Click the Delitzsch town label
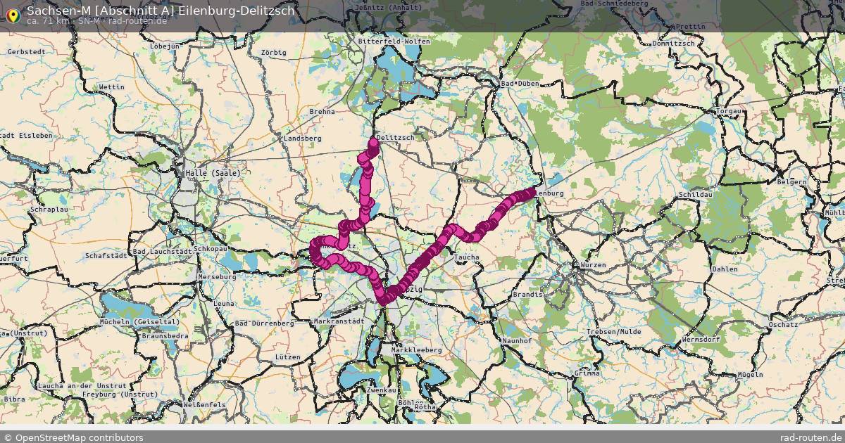pyautogui.click(x=396, y=138)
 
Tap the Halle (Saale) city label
pyautogui.click(x=212, y=173)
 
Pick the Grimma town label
pyautogui.click(x=587, y=373)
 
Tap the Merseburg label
pyautogui.click(x=218, y=277)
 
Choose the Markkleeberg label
pyautogui.click(x=416, y=349)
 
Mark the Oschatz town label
pyautogui.click(x=782, y=325)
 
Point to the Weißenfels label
pyautogui.click(x=204, y=405)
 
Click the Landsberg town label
pyautogui.click(x=302, y=139)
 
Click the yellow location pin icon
pyautogui.click(x=13, y=15)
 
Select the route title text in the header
pyautogui.click(x=161, y=10)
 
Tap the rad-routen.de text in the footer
pyautogui.click(x=811, y=437)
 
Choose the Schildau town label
pyautogui.click(x=696, y=194)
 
